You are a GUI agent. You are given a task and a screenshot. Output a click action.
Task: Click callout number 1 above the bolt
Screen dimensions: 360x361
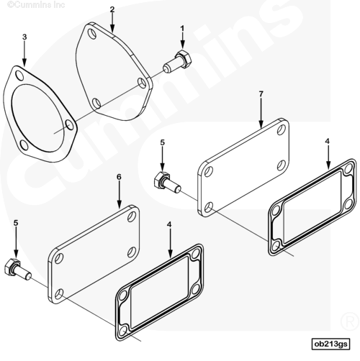click(x=182, y=29)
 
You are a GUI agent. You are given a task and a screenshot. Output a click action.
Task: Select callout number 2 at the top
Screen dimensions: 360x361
click(x=112, y=9)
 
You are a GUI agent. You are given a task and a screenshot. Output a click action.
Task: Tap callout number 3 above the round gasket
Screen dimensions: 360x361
click(x=24, y=37)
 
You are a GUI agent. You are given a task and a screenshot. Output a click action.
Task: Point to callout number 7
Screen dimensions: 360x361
click(x=261, y=94)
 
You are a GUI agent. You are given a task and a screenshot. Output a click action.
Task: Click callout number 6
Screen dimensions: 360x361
click(x=119, y=177)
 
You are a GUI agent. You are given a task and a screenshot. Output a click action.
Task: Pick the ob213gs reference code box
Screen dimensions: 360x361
click(x=330, y=344)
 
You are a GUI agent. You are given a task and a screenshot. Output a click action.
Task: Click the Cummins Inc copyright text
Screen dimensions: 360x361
click(x=36, y=5)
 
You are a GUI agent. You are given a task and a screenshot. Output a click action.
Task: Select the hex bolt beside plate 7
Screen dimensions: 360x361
click(x=167, y=183)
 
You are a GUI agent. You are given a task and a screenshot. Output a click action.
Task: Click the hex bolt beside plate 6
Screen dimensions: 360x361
click(x=17, y=269)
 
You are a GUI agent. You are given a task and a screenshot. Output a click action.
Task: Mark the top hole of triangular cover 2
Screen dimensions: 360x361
click(x=92, y=34)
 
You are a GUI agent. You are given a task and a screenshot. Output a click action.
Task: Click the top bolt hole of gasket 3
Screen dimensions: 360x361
click(x=19, y=76)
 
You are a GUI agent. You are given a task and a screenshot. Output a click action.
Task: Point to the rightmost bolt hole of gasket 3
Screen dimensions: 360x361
click(x=69, y=125)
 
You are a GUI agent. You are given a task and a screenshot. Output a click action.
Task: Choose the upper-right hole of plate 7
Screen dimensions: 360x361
click(x=282, y=129)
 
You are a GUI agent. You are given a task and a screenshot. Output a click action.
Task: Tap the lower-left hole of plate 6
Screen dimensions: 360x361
click(x=59, y=294)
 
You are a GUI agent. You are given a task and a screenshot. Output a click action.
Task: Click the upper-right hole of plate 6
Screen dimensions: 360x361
click(x=132, y=216)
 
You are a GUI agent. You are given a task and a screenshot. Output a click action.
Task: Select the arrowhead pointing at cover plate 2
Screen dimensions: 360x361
click(x=112, y=29)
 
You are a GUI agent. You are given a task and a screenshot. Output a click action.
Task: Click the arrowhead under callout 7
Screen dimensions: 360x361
click(x=261, y=124)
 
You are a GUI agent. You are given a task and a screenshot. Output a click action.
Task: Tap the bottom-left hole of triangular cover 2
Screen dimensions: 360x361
click(x=96, y=103)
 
